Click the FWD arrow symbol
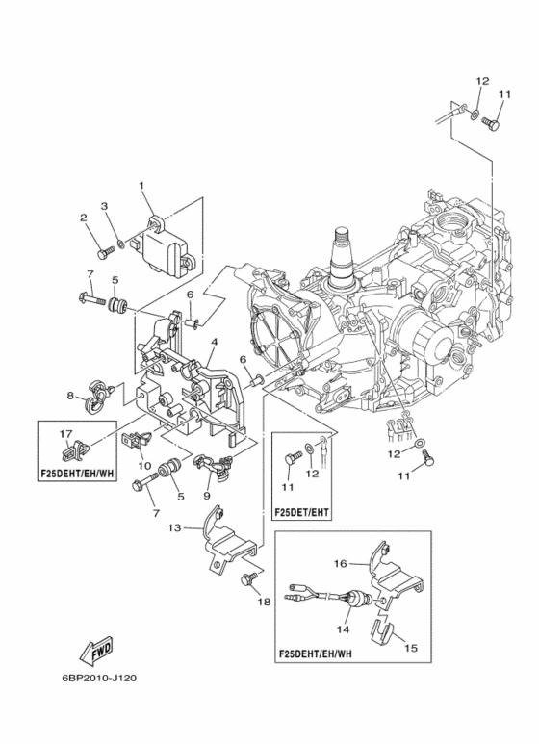tap(96, 652)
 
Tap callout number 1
tap(141, 185)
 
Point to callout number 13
tap(174, 527)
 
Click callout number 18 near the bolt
tap(264, 602)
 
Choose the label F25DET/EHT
tap(302, 512)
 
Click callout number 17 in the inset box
tap(66, 434)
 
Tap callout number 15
tap(411, 647)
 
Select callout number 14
tap(343, 629)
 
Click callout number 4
tap(215, 341)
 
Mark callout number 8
tap(70, 396)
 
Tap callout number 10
tap(144, 466)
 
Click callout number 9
tap(206, 496)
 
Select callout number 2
tap(83, 218)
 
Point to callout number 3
tap(104, 205)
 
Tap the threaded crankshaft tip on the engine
tap(344, 234)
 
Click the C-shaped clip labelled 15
tap(381, 631)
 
